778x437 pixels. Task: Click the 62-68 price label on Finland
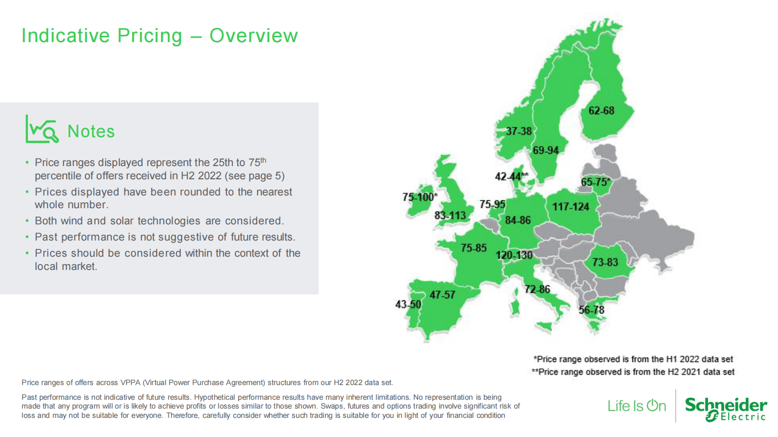pyautogui.click(x=601, y=111)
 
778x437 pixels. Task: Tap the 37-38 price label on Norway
pyautogui.click(x=519, y=131)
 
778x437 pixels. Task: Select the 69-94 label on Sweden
pyautogui.click(x=546, y=150)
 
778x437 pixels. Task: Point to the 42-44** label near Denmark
pyautogui.click(x=512, y=176)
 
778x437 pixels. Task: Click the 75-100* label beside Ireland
pyautogui.click(x=420, y=197)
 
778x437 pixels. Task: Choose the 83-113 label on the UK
pyautogui.click(x=450, y=216)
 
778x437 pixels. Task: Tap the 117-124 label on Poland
pyautogui.click(x=571, y=207)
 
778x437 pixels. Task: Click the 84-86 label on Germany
pyautogui.click(x=518, y=220)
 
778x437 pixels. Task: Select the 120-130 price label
pyautogui.click(x=514, y=255)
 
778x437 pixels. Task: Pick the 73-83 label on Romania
pyautogui.click(x=605, y=262)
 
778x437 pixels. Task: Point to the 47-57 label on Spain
pyautogui.click(x=442, y=295)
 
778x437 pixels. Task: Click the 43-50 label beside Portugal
pyautogui.click(x=408, y=305)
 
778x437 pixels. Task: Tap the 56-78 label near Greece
pyautogui.click(x=592, y=310)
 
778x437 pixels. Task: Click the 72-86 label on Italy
pyautogui.click(x=537, y=289)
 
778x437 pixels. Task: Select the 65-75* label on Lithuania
pyautogui.click(x=596, y=182)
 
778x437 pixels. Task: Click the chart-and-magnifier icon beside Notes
pyautogui.click(x=42, y=129)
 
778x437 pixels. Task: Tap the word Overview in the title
pyautogui.click(x=253, y=35)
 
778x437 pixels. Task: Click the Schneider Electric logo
pyautogui.click(x=726, y=410)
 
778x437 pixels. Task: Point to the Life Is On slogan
pyautogui.click(x=637, y=406)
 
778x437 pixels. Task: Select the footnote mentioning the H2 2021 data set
pyautogui.click(x=633, y=372)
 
